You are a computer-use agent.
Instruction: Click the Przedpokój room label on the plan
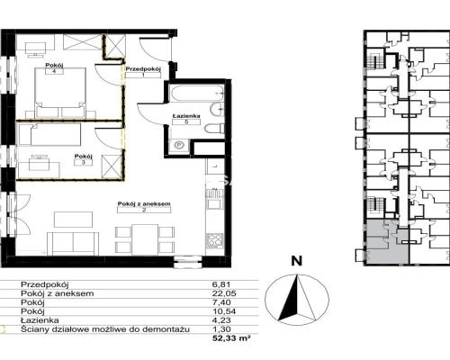(x=143, y=69)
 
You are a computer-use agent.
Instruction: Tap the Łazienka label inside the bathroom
(x=186, y=116)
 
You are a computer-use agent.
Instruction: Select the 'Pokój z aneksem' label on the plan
(x=144, y=203)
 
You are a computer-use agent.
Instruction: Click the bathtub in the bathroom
(x=196, y=94)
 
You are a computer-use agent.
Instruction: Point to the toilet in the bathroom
(x=214, y=129)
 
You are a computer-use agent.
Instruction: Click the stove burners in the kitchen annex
(x=214, y=240)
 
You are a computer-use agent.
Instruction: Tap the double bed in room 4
(x=60, y=93)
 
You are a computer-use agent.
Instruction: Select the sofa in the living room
(x=73, y=243)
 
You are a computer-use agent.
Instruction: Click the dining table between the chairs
(x=145, y=239)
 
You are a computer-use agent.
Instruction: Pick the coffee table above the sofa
(x=73, y=220)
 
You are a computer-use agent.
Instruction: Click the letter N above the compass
(x=297, y=261)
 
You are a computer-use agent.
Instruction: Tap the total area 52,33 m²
(x=231, y=338)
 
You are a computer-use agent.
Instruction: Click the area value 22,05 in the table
(x=224, y=293)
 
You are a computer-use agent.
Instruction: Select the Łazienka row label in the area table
(x=40, y=320)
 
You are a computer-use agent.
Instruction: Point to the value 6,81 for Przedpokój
(x=221, y=284)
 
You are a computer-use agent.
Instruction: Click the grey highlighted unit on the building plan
(x=387, y=242)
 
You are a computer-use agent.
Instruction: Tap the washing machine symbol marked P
(x=179, y=146)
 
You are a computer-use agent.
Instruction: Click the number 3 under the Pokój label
(x=84, y=163)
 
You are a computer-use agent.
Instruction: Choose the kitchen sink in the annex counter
(x=214, y=199)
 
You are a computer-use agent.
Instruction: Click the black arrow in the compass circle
(x=291, y=299)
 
